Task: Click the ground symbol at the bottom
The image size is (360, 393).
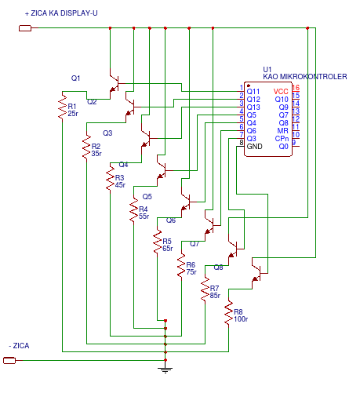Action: [x=165, y=369]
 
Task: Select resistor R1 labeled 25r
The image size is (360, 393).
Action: [x=62, y=107]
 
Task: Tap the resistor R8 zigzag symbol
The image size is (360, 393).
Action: [x=229, y=313]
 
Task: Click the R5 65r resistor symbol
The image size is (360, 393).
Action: [x=157, y=242]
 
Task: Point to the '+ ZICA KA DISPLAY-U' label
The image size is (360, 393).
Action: [x=61, y=13]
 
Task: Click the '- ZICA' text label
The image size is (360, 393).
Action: [x=19, y=346]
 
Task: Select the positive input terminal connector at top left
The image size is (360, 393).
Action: [x=25, y=28]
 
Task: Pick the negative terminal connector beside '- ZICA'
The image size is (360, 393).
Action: [x=9, y=361]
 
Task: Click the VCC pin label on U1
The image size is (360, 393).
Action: [x=281, y=92]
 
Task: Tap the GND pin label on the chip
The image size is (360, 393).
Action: [x=254, y=147]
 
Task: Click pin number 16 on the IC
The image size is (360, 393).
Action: [x=296, y=87]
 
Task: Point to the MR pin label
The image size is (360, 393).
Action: [x=283, y=131]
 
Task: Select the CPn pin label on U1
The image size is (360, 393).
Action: [x=282, y=139]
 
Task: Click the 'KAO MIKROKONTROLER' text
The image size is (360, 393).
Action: [x=305, y=77]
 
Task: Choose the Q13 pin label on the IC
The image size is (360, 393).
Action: [x=253, y=107]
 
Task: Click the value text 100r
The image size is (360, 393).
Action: [x=241, y=319]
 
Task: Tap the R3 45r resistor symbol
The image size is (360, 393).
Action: [x=110, y=178]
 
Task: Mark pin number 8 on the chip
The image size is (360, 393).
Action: [x=242, y=143]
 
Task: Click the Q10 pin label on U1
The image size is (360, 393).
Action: [x=282, y=100]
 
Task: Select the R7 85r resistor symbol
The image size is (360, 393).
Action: [x=205, y=289]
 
